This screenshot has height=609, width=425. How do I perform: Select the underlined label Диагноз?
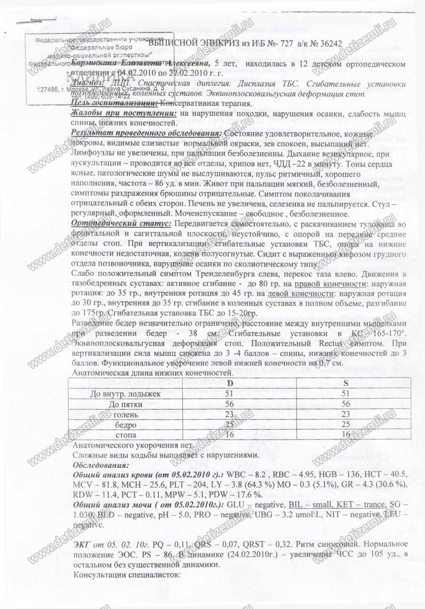pos(87,85)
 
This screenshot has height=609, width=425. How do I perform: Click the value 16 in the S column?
pos(346,434)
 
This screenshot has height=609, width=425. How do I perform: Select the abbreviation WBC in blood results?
pos(240,473)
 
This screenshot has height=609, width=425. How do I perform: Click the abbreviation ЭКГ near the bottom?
pos(80,545)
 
